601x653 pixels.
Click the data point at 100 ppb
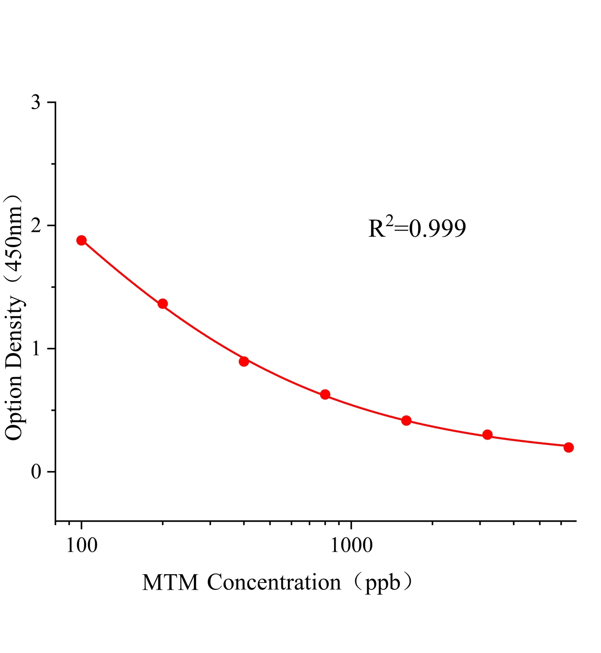tap(82, 240)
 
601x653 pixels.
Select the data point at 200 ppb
tap(162, 304)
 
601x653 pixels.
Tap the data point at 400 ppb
tap(244, 361)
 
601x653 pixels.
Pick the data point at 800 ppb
tap(325, 394)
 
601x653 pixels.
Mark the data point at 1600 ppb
tap(406, 420)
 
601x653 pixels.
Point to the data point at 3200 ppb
tap(487, 435)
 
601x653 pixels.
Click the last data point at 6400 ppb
tap(568, 447)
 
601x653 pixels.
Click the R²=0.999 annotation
tap(417, 228)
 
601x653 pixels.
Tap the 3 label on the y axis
tap(36, 102)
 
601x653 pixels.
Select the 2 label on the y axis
tap(36, 226)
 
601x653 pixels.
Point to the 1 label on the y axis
tap(36, 349)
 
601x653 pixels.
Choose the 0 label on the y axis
tap(36, 472)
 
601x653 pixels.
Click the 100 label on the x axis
tap(82, 545)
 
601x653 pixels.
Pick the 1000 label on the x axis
tap(351, 545)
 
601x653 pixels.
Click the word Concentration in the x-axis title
tap(274, 582)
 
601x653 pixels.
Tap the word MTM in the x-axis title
tap(170, 582)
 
